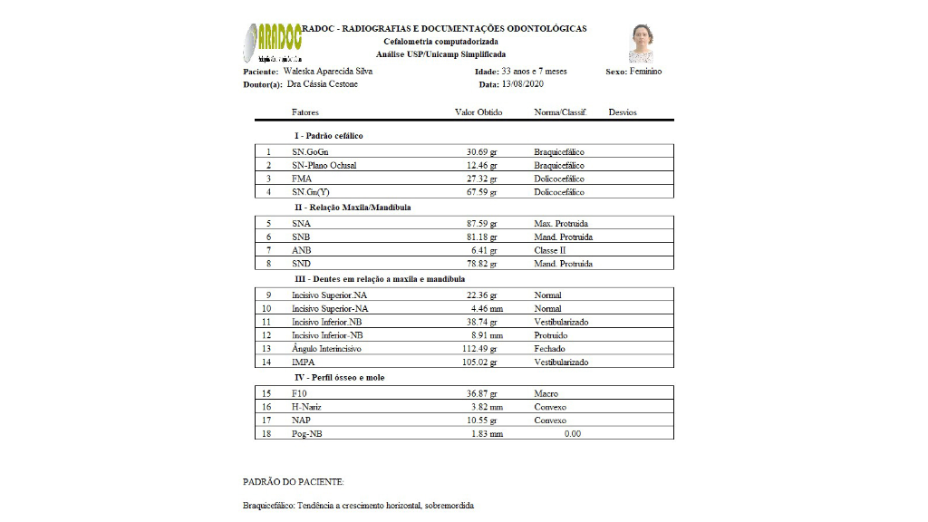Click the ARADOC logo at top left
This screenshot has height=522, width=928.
click(273, 42)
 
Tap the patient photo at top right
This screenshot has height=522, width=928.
click(642, 43)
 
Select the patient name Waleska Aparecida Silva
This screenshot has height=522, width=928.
click(328, 71)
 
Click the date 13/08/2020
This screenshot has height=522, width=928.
click(523, 84)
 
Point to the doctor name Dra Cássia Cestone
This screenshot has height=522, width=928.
click(323, 84)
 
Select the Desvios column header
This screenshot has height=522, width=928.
click(623, 112)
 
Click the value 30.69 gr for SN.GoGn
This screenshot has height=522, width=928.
click(482, 151)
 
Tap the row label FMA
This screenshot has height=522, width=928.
click(302, 179)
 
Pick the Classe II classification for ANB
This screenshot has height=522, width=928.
click(550, 250)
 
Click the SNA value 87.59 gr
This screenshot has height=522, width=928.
click(482, 223)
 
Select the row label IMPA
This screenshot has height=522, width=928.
click(304, 362)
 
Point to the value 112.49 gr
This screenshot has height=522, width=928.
click(480, 349)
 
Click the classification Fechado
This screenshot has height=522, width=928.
click(550, 349)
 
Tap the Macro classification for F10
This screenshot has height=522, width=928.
click(546, 393)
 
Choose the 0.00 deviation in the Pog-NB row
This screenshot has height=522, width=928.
click(572, 434)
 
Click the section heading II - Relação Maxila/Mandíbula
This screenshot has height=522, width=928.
click(353, 208)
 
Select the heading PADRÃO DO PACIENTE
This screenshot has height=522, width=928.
click(293, 482)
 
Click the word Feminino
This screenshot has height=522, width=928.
click(646, 72)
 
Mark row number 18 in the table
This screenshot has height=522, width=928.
click(266, 434)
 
